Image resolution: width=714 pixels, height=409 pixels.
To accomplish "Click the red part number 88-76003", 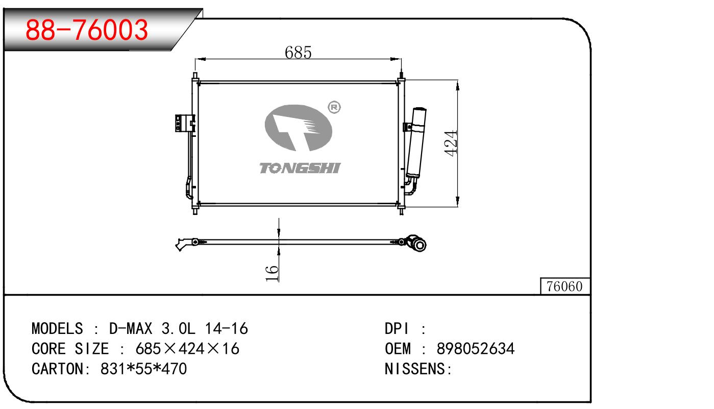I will pyautogui.click(x=87, y=30).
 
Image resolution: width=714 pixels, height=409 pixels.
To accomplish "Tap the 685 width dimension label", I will pyautogui.click(x=298, y=52).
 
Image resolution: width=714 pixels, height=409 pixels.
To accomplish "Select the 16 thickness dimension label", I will pyautogui.click(x=273, y=273).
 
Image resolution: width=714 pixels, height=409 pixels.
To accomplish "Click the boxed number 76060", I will pyautogui.click(x=564, y=287).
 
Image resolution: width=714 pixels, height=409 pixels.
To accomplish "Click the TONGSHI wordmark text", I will pyautogui.click(x=300, y=168).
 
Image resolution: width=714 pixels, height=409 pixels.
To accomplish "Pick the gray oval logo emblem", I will pyautogui.click(x=299, y=128).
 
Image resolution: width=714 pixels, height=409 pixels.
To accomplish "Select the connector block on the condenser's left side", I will pyautogui.click(x=181, y=123).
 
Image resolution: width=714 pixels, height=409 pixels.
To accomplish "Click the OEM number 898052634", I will pyautogui.click(x=476, y=349).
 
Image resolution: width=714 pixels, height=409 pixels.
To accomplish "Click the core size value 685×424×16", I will pyautogui.click(x=187, y=349).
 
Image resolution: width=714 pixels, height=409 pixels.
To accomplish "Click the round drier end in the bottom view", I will pyautogui.click(x=419, y=245).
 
